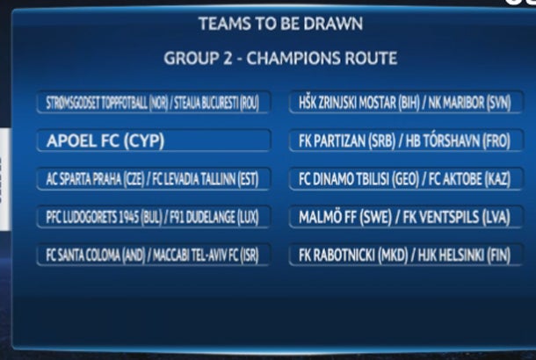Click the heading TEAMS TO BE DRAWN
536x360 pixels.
click(280, 24)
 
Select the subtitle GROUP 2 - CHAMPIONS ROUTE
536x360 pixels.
click(280, 59)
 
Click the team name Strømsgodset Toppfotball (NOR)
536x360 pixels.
click(101, 103)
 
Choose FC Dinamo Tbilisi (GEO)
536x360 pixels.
click(356, 179)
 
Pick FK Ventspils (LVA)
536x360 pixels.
click(457, 218)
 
